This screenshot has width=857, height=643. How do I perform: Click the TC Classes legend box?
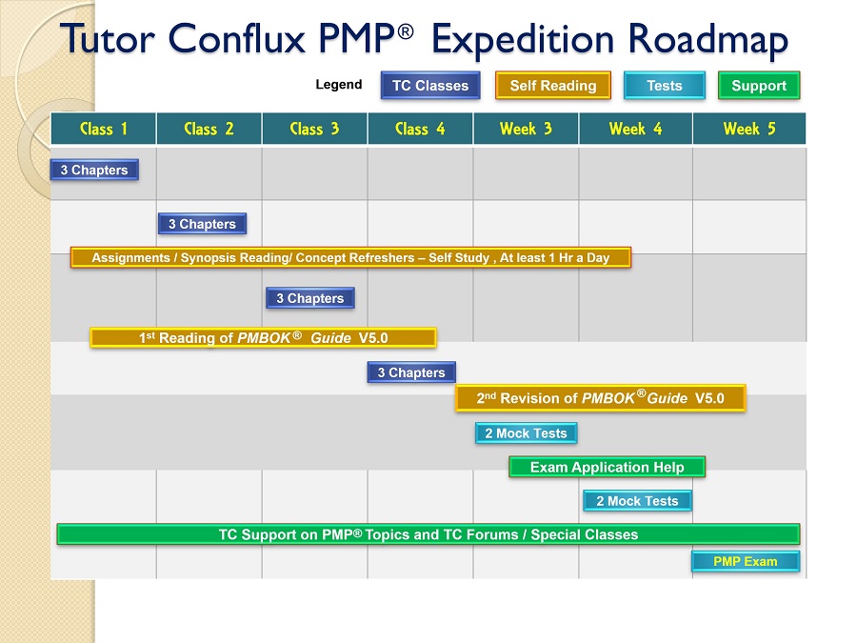click(430, 86)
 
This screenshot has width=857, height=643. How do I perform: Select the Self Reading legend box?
click(552, 86)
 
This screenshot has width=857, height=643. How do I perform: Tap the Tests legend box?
click(664, 86)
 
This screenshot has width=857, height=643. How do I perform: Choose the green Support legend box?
click(759, 86)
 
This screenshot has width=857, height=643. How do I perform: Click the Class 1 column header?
click(103, 129)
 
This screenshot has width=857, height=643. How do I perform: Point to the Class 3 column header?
click(314, 129)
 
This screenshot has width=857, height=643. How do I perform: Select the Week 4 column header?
click(635, 129)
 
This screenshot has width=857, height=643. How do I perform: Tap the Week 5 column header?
click(749, 129)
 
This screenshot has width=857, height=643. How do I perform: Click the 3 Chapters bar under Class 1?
click(94, 170)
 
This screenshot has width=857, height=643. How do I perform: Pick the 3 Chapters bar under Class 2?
click(202, 224)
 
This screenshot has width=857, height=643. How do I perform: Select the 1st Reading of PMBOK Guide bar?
click(263, 337)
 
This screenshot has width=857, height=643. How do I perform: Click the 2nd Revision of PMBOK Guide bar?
click(600, 397)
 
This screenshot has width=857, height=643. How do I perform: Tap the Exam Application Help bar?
click(607, 467)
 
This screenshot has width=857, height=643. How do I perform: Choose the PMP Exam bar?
click(746, 561)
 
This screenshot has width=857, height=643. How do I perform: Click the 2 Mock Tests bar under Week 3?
click(526, 433)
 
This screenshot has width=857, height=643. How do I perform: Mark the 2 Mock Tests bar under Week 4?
click(637, 501)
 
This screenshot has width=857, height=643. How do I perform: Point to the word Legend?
click(338, 85)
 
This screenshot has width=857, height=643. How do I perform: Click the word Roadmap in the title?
click(708, 39)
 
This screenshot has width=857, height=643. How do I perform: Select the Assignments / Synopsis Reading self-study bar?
click(350, 257)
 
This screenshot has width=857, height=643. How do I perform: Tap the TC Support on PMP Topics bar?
click(428, 534)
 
